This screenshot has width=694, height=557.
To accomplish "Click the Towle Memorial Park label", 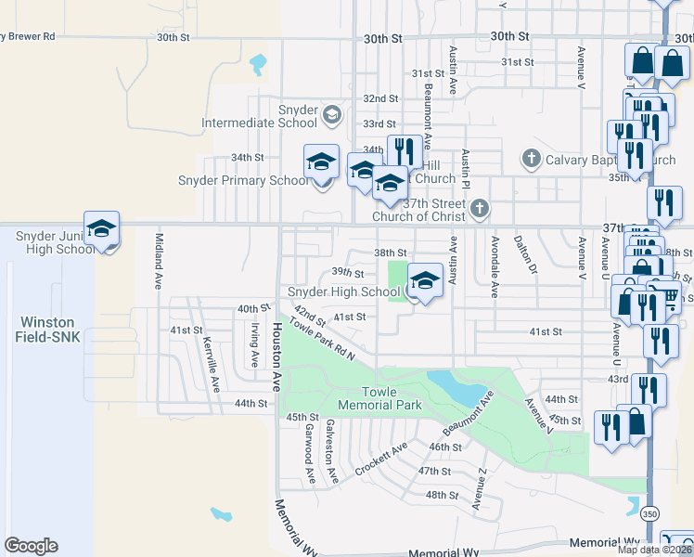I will pyautogui.click(x=379, y=398).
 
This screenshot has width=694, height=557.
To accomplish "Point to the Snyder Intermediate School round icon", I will pyautogui.click(x=331, y=115).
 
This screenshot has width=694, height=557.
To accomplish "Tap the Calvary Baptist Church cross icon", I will pyautogui.click(x=531, y=159).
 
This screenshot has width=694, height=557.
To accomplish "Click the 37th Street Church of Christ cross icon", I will pyautogui.click(x=479, y=207).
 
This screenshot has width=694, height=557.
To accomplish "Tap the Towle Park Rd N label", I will pyautogui.click(x=321, y=338).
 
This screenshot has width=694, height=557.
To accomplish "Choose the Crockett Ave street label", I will pyautogui.click(x=380, y=460).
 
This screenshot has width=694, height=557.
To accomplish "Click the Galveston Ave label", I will pyautogui.click(x=331, y=449).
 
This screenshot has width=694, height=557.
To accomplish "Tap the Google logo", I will pyautogui.click(x=31, y=546).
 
